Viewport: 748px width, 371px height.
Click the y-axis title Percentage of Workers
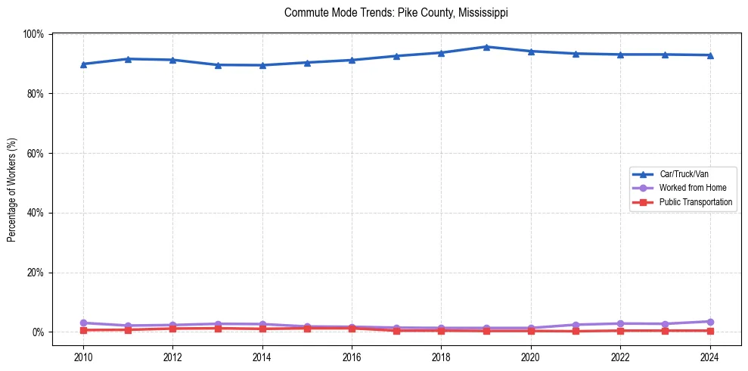(x=11, y=182)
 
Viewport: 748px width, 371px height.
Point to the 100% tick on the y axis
(x=33, y=34)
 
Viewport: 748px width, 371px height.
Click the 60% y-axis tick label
(x=35, y=153)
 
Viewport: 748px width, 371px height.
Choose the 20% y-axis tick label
(x=35, y=273)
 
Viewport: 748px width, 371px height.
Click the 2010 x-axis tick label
(x=83, y=357)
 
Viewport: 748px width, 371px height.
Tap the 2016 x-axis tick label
(x=352, y=357)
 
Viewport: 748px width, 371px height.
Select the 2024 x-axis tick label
(x=709, y=357)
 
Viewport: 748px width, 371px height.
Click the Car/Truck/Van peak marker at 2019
(x=486, y=47)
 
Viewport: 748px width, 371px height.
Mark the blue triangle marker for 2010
(x=83, y=64)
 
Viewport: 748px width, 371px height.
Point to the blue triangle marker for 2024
(x=709, y=55)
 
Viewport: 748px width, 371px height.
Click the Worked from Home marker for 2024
(x=709, y=322)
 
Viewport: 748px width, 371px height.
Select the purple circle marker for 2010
(x=83, y=323)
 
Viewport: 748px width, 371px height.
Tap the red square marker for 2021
(x=576, y=331)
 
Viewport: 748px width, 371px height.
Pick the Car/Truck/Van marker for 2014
(x=262, y=65)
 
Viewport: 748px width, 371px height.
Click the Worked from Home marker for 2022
(x=620, y=323)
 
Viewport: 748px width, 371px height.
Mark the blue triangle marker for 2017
(x=396, y=56)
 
